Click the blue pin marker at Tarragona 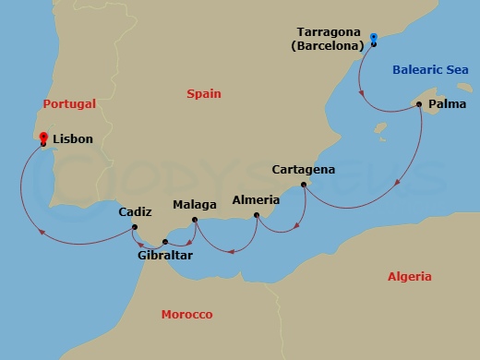coord(374,39)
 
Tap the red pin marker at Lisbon coord(42,138)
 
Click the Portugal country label coord(69,104)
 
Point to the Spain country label coord(205,93)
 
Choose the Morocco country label coord(187,315)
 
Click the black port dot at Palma coord(419,104)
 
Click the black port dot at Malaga coord(194,220)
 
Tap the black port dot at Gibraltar coord(165,242)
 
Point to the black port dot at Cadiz coord(135,226)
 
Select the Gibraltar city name coord(164,256)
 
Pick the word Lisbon coord(74,139)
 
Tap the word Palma coord(447,105)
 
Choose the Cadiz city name coord(136,212)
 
